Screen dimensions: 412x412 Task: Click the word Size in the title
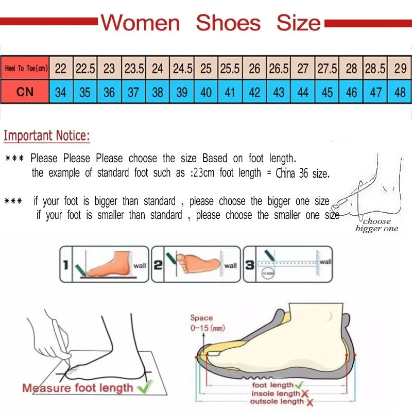pos(298,23)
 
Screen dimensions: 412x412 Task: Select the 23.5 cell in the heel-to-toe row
pos(134,68)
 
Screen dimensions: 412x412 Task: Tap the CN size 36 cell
pos(109,92)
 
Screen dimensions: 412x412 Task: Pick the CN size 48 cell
pos(400,92)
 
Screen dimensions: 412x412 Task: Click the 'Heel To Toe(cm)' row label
pos(25,68)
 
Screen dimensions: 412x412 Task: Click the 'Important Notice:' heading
pos(47,136)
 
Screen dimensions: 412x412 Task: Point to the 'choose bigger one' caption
pos(376,225)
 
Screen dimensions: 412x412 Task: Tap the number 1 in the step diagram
pos(65,265)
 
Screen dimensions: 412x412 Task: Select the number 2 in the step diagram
pos(158,265)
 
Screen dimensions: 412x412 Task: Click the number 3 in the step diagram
pos(249,265)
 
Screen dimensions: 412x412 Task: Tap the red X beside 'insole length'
pos(304,393)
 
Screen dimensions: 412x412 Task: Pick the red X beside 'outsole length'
pos(310,402)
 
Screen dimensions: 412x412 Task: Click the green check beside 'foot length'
pos(299,385)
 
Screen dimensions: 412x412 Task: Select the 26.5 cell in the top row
pos(279,68)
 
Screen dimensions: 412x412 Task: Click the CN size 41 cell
pos(230,92)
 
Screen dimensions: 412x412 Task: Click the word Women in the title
pos(140,23)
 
